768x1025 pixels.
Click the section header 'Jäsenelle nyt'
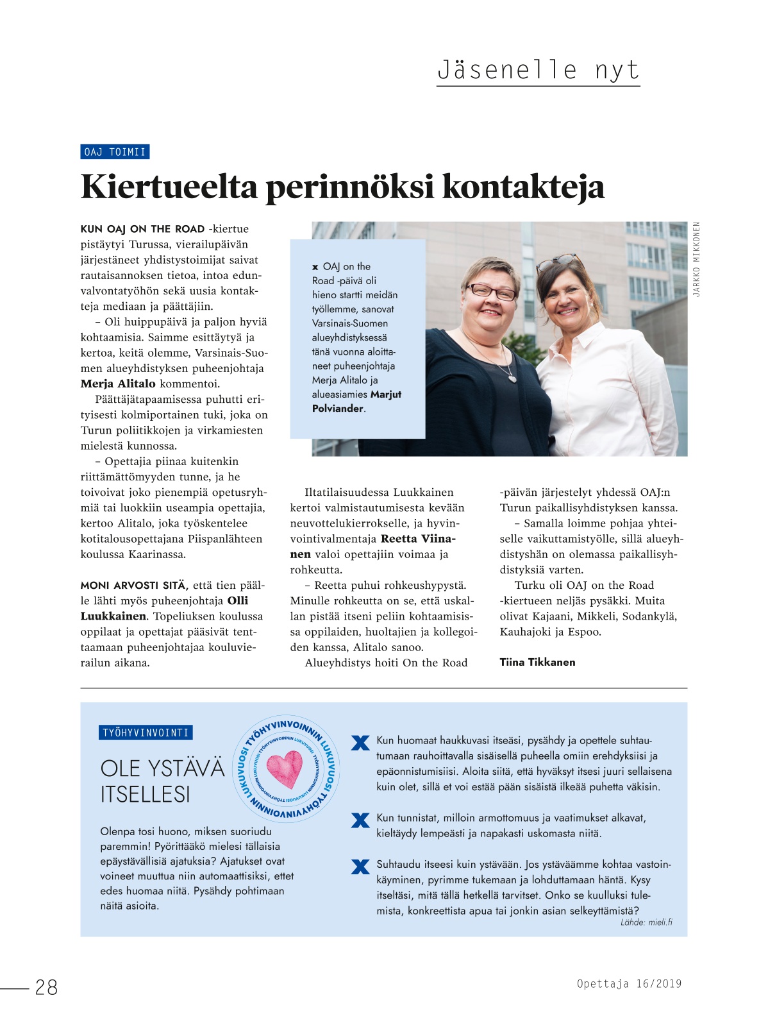click(538, 69)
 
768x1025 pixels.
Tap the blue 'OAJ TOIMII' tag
click(115, 152)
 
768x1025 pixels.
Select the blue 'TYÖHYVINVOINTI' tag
click(146, 733)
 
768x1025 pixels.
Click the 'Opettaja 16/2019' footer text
click(629, 983)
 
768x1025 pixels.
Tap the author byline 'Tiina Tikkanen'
click(537, 662)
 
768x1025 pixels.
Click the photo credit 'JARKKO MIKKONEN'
click(697, 259)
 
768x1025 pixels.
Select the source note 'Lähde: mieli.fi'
click(646, 922)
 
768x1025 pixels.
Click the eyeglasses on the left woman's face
click(491, 292)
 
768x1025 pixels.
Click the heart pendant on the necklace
click(512, 378)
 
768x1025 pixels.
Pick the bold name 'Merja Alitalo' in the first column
click(118, 384)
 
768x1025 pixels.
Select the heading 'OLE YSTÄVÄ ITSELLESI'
click(162, 781)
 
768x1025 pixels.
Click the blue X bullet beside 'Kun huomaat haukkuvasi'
click(361, 743)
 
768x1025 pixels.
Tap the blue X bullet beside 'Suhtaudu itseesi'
click(361, 867)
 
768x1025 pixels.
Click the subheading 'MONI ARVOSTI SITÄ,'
click(134, 585)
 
